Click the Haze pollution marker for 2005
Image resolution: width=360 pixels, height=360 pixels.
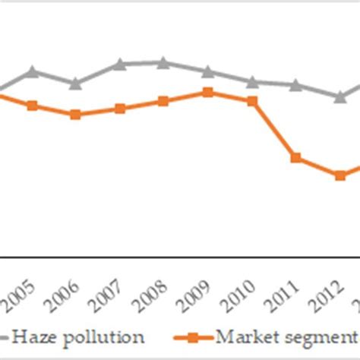tap(32, 72)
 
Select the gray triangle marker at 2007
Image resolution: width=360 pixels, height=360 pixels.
tap(119, 65)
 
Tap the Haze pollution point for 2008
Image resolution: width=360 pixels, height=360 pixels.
tap(163, 62)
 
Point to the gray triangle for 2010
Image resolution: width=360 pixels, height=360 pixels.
tap(252, 81)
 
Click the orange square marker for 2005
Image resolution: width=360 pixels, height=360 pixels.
tap(32, 106)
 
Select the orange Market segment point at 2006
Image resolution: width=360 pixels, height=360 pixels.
tap(75, 115)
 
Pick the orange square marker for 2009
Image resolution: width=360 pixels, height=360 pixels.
tap(207, 92)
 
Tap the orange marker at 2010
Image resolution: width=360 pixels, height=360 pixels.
tap(252, 100)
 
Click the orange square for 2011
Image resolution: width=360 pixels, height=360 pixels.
tap(296, 158)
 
